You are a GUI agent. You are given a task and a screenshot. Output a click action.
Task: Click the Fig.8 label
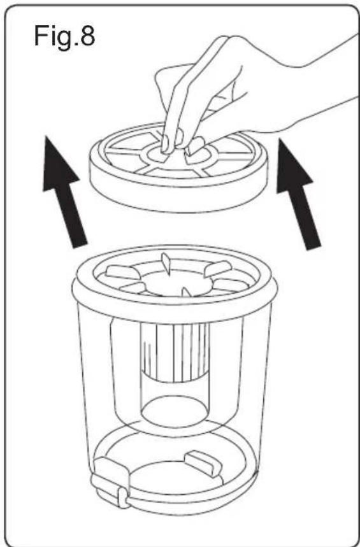point(64,37)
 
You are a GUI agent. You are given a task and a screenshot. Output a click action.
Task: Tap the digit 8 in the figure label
point(88,35)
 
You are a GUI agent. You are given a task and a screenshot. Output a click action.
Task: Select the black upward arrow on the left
point(63,192)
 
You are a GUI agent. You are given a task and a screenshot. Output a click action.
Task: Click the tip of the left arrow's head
point(46,136)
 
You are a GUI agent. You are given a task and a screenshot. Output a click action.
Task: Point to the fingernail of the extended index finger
point(165,143)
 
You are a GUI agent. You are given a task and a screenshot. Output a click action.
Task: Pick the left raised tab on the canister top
point(122,272)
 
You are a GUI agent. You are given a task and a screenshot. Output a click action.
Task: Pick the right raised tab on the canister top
point(218,268)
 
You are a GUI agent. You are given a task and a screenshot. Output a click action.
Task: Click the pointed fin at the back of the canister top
point(166,264)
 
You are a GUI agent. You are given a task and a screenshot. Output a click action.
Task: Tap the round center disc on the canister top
point(176,283)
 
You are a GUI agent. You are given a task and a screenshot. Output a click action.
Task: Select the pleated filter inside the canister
point(175,352)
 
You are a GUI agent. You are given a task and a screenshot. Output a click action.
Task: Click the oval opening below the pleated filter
point(175,411)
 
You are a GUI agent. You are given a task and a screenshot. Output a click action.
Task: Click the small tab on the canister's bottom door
point(203,464)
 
